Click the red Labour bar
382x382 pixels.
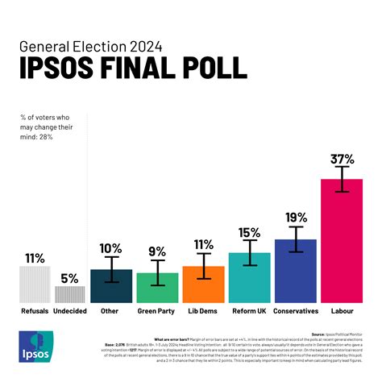342,242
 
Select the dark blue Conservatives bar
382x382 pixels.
296,270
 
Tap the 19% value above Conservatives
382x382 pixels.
296,218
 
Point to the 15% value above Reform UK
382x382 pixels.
250,233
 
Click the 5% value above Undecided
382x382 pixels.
69,278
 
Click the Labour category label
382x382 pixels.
343,310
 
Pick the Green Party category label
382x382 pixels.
157,310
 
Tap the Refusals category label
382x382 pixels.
35,310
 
